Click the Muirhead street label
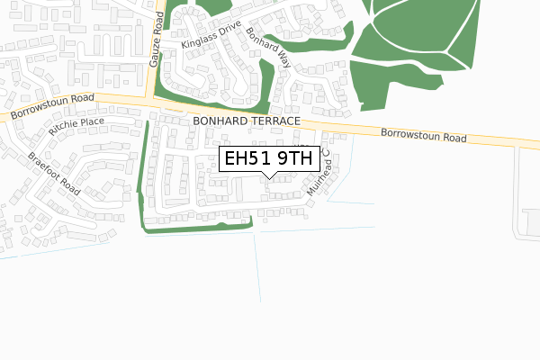click(x=319, y=175)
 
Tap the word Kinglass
click(x=199, y=40)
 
